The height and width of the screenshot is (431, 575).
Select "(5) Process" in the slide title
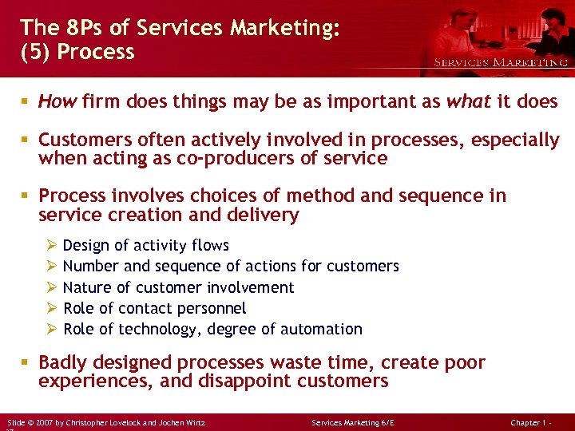pyautogui.click(x=77, y=52)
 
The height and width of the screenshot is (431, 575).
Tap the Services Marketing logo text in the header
pyautogui.click(x=501, y=62)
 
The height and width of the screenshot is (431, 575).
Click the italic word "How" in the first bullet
pyautogui.click(x=57, y=101)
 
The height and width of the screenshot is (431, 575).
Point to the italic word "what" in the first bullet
pyautogui.click(x=468, y=101)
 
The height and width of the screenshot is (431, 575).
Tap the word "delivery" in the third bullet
pyautogui.click(x=264, y=215)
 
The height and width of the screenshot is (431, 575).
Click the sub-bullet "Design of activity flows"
pyautogui.click(x=145, y=246)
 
